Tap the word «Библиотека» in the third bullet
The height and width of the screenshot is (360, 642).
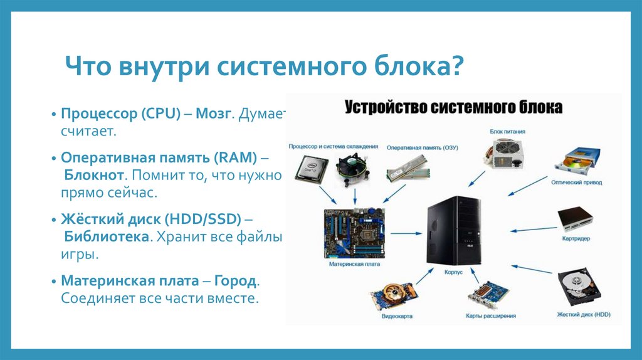click(x=107, y=238)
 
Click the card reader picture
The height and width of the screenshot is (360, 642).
click(x=576, y=220)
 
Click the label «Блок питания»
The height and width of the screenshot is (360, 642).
click(x=507, y=132)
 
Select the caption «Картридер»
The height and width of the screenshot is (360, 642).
click(x=577, y=239)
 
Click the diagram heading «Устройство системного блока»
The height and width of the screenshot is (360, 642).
click(x=453, y=107)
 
